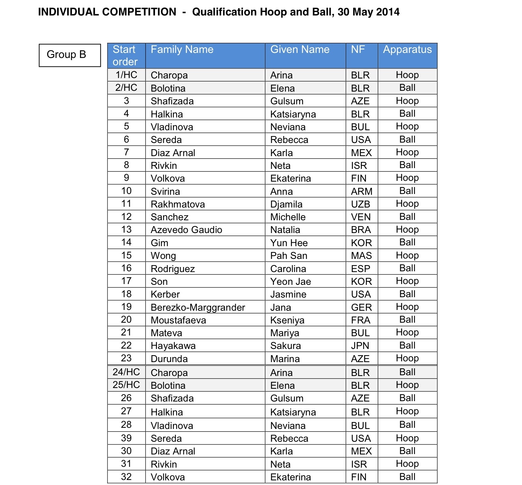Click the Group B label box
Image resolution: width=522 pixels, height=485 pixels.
pyautogui.click(x=70, y=55)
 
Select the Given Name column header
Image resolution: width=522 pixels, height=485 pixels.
pyautogui.click(x=300, y=50)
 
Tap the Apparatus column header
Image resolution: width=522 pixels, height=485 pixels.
pyautogui.click(x=407, y=50)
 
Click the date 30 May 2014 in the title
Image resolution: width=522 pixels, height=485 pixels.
pyautogui.click(x=369, y=12)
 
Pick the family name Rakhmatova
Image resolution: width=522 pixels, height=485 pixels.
pyautogui.click(x=178, y=204)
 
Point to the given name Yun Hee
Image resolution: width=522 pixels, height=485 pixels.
pyautogui.click(x=289, y=243)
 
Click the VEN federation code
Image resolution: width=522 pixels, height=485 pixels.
pyautogui.click(x=361, y=217)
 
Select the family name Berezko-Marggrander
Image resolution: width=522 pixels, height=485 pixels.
pyautogui.click(x=198, y=307)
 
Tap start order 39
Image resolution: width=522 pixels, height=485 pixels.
pyautogui.click(x=126, y=438)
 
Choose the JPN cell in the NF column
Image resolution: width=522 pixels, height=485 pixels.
pyautogui.click(x=360, y=345)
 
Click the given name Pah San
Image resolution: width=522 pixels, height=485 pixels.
pyautogui.click(x=289, y=255)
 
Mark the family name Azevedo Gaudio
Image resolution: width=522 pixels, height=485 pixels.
pyautogui.click(x=186, y=230)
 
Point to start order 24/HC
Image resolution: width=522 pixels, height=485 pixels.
pyautogui.click(x=126, y=372)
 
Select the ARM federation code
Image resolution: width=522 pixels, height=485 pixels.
pyautogui.click(x=362, y=191)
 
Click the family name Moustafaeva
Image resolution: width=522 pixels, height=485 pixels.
pyautogui.click(x=179, y=320)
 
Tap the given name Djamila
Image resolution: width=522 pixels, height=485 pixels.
pyautogui.click(x=286, y=204)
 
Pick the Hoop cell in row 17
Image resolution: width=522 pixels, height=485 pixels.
pyautogui.click(x=407, y=281)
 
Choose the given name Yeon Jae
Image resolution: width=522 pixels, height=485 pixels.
pyautogui.click(x=291, y=281)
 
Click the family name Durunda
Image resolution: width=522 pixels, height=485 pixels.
pyautogui.click(x=169, y=359)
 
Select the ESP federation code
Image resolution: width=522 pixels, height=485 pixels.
pyautogui.click(x=360, y=269)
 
